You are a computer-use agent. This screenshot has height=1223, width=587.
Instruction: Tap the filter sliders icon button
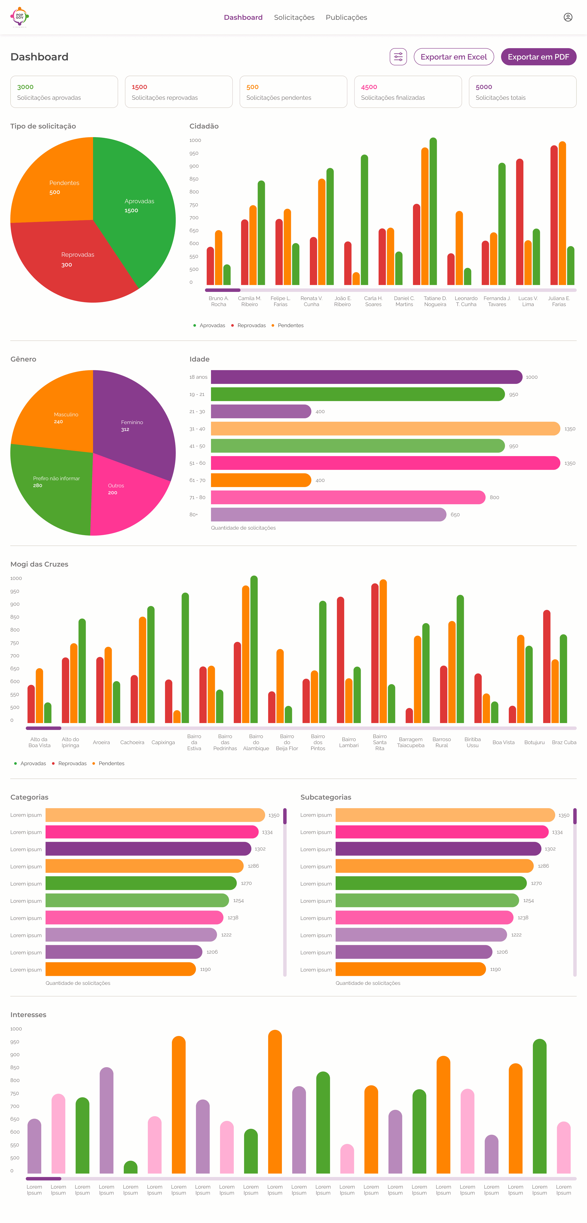[x=398, y=57]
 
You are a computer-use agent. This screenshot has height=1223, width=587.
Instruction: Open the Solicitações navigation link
[x=294, y=18]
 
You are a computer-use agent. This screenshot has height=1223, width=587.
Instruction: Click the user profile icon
[x=567, y=17]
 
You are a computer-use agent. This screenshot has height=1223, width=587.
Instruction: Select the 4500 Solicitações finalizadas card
[x=408, y=92]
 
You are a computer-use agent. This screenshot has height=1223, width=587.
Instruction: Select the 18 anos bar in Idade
[x=366, y=377]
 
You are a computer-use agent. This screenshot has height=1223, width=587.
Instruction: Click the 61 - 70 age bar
[x=261, y=480]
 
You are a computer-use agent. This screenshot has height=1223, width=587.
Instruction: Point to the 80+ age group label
[x=194, y=515]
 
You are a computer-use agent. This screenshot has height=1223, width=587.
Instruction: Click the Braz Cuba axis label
[x=564, y=742]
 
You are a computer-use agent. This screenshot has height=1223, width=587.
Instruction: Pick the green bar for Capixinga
[x=185, y=657]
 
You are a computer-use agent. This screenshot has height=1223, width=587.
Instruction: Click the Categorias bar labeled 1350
[x=155, y=815]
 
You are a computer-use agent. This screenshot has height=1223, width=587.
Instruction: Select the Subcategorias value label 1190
[x=495, y=969]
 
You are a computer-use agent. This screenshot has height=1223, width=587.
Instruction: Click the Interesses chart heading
[x=29, y=1015]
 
